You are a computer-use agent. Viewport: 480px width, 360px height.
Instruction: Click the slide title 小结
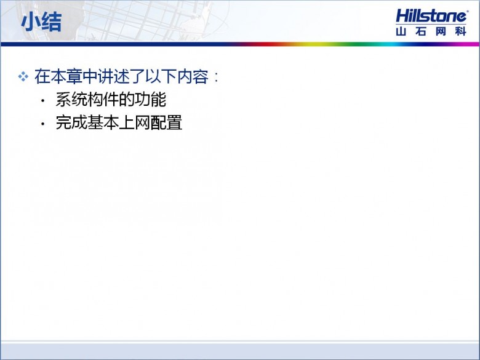tap(41, 22)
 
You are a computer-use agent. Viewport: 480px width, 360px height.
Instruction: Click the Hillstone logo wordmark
tap(431, 15)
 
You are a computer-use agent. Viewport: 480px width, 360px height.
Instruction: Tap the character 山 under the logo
tap(401, 31)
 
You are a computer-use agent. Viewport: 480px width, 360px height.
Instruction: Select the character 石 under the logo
tap(420, 31)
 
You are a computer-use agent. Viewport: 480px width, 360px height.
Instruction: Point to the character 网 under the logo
tap(441, 31)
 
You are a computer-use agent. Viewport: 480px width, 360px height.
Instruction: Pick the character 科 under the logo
tap(461, 31)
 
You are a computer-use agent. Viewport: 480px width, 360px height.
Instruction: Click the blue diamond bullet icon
tap(23, 76)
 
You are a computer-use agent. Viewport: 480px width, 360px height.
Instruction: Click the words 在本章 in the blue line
tap(58, 76)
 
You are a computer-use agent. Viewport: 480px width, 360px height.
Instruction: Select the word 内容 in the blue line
tap(193, 76)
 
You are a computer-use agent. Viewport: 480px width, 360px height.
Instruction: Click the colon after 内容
tap(217, 77)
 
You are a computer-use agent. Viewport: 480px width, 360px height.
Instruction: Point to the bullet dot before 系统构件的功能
tap(43, 100)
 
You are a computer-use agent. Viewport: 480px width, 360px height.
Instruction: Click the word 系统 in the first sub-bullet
tap(71, 100)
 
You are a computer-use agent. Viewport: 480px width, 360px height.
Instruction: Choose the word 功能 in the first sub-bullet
tap(150, 100)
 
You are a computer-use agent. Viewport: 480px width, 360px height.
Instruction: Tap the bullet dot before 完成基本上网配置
tap(43, 124)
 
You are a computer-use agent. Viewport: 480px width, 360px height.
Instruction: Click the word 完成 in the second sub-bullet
tap(71, 122)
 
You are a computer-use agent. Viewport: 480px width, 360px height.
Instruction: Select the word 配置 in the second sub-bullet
tap(167, 122)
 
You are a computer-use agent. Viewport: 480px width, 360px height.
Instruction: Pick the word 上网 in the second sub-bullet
tap(134, 122)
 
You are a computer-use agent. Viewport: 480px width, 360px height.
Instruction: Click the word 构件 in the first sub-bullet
tap(103, 100)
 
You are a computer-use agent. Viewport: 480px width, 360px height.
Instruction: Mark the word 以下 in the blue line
tap(161, 76)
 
